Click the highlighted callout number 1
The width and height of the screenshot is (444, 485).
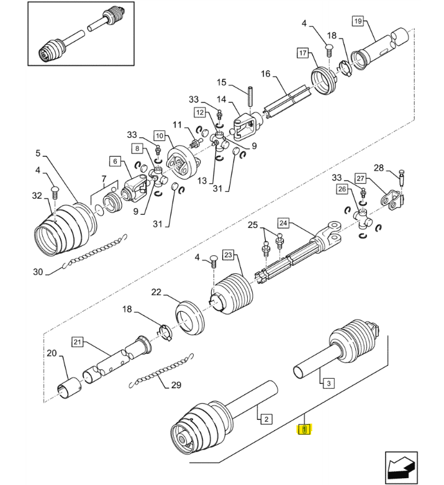point(305,430)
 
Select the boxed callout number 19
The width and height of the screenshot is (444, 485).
point(358,21)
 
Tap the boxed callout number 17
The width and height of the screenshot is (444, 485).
point(302,53)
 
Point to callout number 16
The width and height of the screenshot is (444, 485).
point(266,74)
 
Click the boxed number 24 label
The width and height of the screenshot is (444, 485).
point(283,223)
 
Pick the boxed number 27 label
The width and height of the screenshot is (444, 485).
point(360,178)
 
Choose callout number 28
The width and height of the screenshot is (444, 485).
point(379,168)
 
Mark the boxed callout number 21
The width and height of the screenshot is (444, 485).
point(77,342)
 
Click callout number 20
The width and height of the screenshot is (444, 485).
point(52,353)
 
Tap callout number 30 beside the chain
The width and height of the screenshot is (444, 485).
point(38,272)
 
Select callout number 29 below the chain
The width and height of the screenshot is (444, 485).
point(176,385)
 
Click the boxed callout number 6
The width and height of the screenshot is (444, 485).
point(115,161)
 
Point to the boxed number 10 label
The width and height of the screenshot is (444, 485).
point(160,135)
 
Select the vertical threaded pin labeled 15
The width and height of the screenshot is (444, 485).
point(250,96)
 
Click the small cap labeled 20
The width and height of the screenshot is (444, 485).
point(69,389)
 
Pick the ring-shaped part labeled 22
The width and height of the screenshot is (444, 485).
point(189,317)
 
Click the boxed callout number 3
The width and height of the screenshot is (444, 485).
point(328,383)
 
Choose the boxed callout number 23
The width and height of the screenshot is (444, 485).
point(228,255)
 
